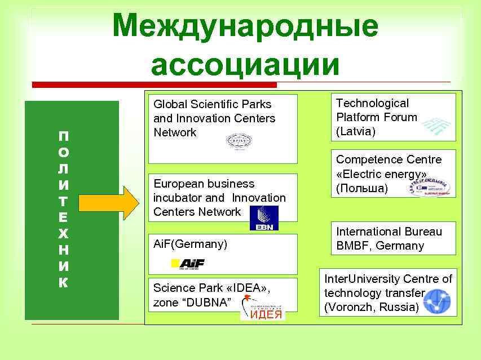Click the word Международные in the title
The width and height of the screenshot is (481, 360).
(245, 26)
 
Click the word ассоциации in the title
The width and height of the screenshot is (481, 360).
(245, 64)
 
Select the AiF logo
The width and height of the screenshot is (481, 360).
(188, 264)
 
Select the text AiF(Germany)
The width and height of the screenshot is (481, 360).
(190, 245)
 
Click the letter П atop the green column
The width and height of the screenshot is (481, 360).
(64, 136)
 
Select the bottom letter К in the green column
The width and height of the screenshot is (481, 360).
(64, 283)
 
